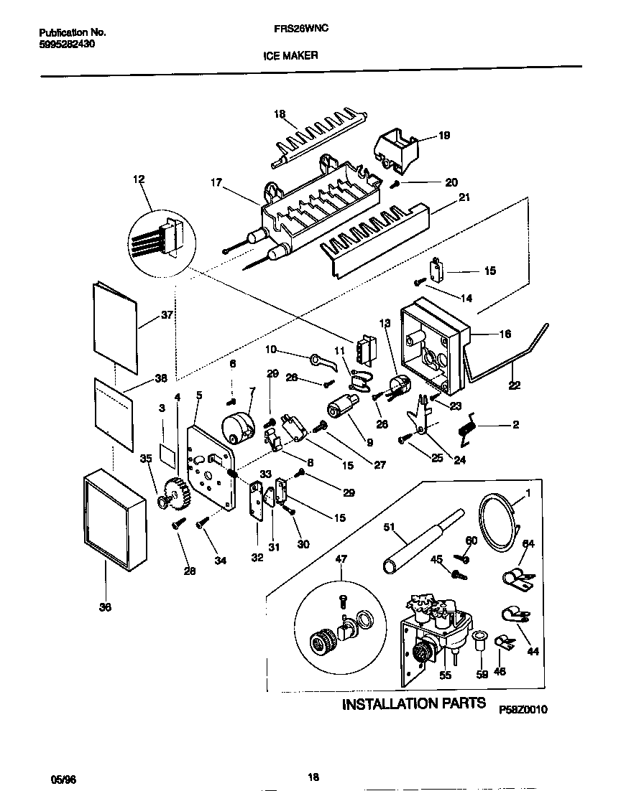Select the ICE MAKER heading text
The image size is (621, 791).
tap(295, 55)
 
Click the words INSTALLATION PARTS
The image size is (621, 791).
tap(413, 703)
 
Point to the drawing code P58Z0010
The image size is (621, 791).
tap(523, 709)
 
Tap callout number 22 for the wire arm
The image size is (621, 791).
tap(513, 385)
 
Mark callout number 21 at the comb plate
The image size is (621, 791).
tap(464, 197)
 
